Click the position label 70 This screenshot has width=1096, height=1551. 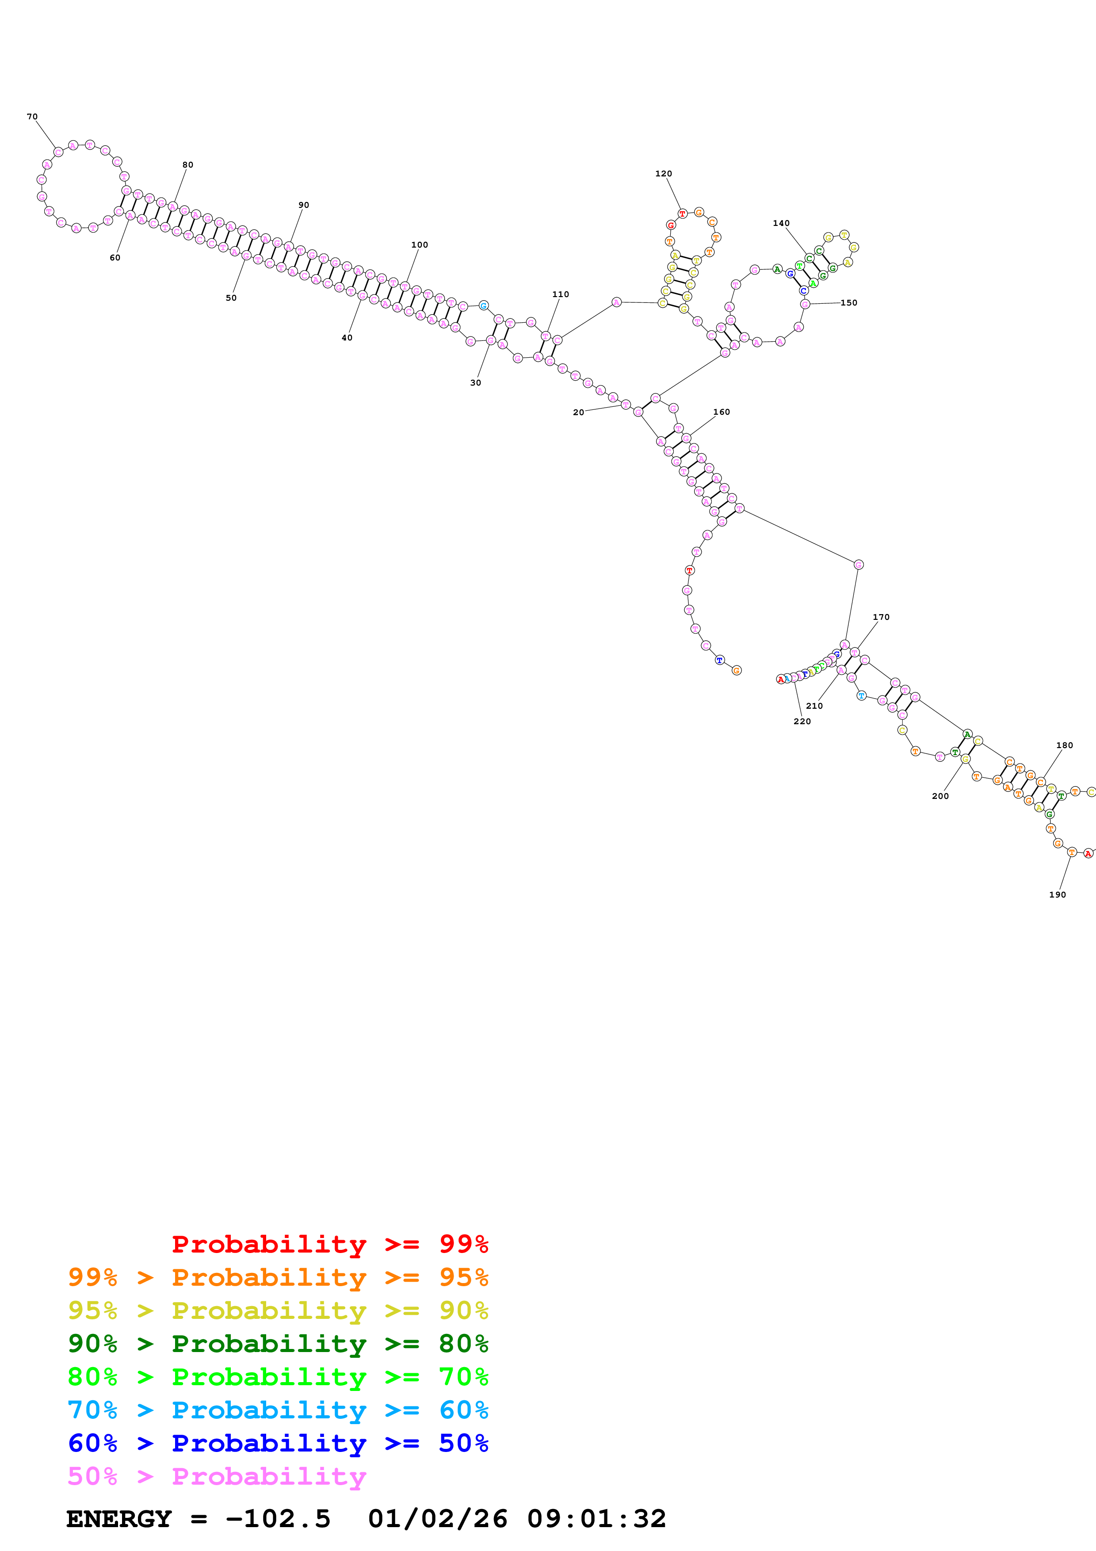tap(32, 117)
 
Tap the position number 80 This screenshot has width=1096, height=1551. tap(188, 165)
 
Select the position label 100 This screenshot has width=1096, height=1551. tap(420, 245)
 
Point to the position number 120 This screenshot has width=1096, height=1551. tap(663, 174)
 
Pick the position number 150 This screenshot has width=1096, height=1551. tap(849, 302)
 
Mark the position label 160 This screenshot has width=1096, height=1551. tap(721, 412)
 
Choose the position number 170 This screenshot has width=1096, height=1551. tap(881, 617)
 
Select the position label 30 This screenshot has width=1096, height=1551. tap(475, 383)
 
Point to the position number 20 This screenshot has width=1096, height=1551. tap(578, 413)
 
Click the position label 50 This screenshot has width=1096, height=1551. tap(231, 298)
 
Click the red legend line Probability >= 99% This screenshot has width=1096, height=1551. tap(329, 1244)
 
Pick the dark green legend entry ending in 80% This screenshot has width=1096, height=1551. tap(278, 1344)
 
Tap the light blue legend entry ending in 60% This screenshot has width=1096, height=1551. tap(278, 1410)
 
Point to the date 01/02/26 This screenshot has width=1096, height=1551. tap(438, 1519)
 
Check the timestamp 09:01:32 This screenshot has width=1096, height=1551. tap(596, 1519)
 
